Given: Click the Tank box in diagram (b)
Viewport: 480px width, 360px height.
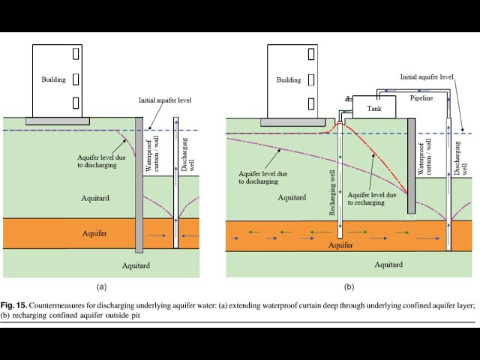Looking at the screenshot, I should click(x=374, y=109).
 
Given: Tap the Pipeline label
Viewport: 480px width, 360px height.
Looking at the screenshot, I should click(x=421, y=98).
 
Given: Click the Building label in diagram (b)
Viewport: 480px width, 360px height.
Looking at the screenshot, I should click(x=288, y=80).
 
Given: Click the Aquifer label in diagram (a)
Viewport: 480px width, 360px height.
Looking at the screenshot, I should click(x=94, y=233).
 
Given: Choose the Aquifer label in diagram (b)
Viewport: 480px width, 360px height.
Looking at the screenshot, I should click(x=341, y=244).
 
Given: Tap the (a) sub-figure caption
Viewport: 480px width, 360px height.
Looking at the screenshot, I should click(x=102, y=286).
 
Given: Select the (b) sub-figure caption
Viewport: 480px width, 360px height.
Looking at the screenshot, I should click(x=349, y=286).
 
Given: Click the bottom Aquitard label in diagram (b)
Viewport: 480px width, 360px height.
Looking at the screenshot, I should click(x=388, y=264).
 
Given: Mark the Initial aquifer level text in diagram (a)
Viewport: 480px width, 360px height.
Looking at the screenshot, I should click(x=166, y=100).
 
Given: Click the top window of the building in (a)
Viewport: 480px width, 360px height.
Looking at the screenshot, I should click(x=75, y=54).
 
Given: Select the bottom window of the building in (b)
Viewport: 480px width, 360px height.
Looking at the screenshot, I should click(x=310, y=102).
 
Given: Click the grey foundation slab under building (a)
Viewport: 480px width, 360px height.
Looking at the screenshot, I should click(x=58, y=120).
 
